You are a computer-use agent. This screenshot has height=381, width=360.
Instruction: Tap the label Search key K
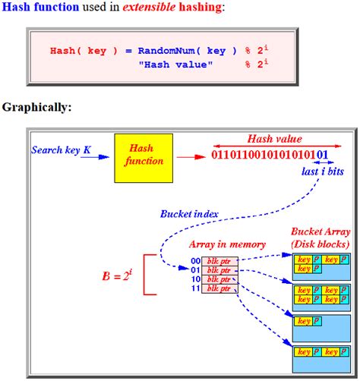click(61, 150)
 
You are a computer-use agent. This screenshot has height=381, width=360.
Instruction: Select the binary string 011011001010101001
click(269, 156)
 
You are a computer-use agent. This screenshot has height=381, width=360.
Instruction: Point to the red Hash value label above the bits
click(274, 139)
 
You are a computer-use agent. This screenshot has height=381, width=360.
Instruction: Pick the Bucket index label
click(189, 214)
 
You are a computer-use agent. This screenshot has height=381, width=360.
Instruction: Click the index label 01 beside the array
click(196, 270)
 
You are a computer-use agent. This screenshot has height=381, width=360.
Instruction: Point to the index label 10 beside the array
click(196, 279)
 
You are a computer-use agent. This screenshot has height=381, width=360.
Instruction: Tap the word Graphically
click(36, 107)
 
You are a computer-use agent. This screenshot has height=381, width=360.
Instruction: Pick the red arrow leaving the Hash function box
click(188, 158)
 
